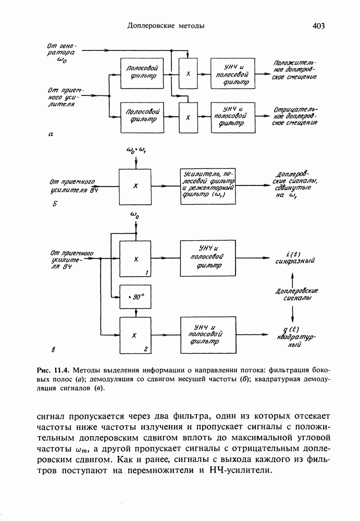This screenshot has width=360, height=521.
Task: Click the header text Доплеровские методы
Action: coord(166,25)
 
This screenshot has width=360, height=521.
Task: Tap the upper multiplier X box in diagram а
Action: coord(188,73)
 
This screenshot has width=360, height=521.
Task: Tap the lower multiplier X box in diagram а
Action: coord(188,117)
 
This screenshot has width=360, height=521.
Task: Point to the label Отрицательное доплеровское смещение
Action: coord(295,116)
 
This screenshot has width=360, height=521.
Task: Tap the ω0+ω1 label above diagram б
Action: coord(136,152)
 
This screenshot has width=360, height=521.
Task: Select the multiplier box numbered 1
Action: coord(135,258)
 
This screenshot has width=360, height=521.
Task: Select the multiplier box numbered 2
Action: coord(135,334)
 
